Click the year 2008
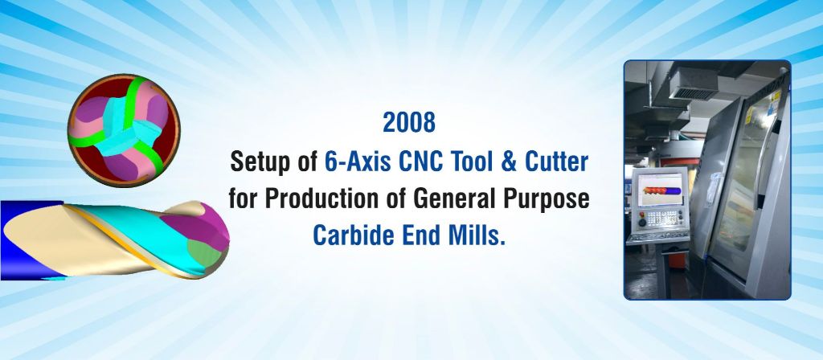(x=409, y=122)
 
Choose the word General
(x=455, y=199)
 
